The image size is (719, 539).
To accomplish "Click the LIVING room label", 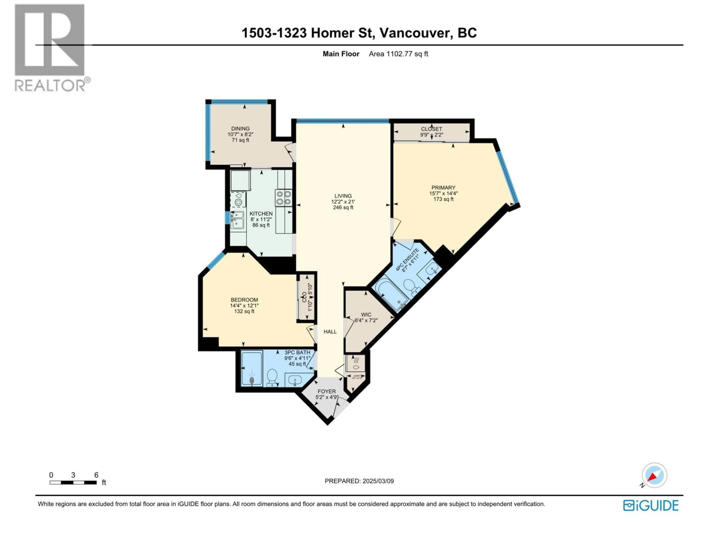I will [x=343, y=196].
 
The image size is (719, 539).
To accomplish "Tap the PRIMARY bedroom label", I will [x=443, y=188].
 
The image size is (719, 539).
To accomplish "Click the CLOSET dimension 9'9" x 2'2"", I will [x=431, y=135].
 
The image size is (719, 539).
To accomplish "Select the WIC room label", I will [x=366, y=314].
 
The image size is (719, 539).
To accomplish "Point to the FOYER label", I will [x=327, y=392].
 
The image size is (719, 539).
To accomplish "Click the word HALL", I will [x=330, y=332].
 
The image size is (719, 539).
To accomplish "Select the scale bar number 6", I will [x=96, y=475].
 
